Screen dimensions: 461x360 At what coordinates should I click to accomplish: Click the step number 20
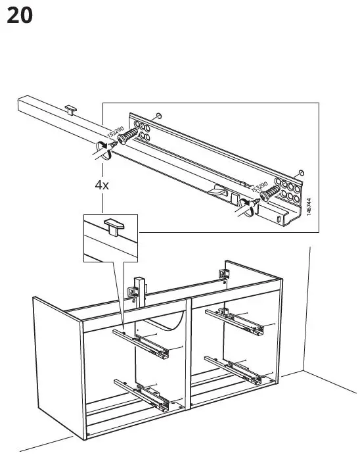click(19, 15)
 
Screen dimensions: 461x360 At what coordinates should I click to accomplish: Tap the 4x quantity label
click(101, 185)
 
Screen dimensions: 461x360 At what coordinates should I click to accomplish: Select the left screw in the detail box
click(127, 138)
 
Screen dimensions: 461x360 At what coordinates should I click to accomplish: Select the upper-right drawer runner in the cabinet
click(235, 318)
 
